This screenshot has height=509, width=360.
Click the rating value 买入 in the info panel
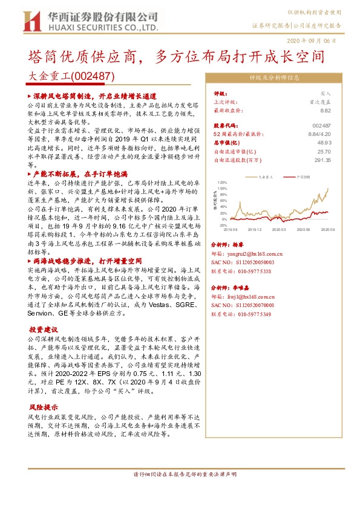(326, 94)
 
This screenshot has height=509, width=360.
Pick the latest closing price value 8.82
(326, 111)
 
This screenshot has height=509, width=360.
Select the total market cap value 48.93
(324, 143)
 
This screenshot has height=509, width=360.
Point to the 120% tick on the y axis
(221, 181)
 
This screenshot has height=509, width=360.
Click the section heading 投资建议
(44, 330)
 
